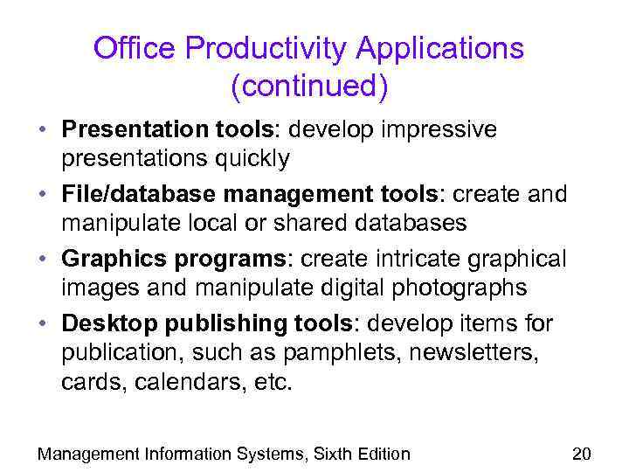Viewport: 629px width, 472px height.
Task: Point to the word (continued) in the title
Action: click(x=309, y=87)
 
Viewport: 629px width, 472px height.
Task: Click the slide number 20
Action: click(x=582, y=454)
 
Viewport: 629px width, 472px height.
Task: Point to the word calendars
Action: click(x=188, y=381)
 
